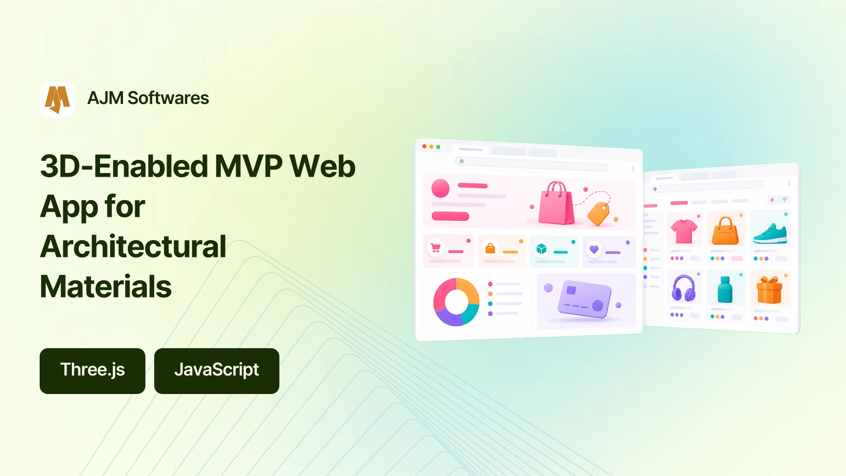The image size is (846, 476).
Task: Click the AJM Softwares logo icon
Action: [57, 100]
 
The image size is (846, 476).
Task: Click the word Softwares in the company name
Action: [168, 98]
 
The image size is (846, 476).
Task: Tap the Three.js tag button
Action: [93, 371]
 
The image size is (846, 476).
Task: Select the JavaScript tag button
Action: [217, 371]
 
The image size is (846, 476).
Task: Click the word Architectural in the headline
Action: [133, 246]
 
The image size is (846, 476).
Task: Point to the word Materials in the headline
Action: [106, 286]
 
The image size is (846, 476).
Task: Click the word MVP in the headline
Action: [249, 167]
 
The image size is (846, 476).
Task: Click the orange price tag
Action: [598, 214]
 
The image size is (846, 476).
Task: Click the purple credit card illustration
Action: [585, 300]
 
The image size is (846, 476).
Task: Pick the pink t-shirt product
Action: [684, 231]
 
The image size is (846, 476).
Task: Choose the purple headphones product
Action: [683, 288]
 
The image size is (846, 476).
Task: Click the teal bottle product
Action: [725, 290]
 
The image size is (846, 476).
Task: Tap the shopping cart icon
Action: [436, 248]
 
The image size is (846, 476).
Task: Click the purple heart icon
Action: [594, 249]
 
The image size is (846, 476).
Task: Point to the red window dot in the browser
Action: [424, 146]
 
